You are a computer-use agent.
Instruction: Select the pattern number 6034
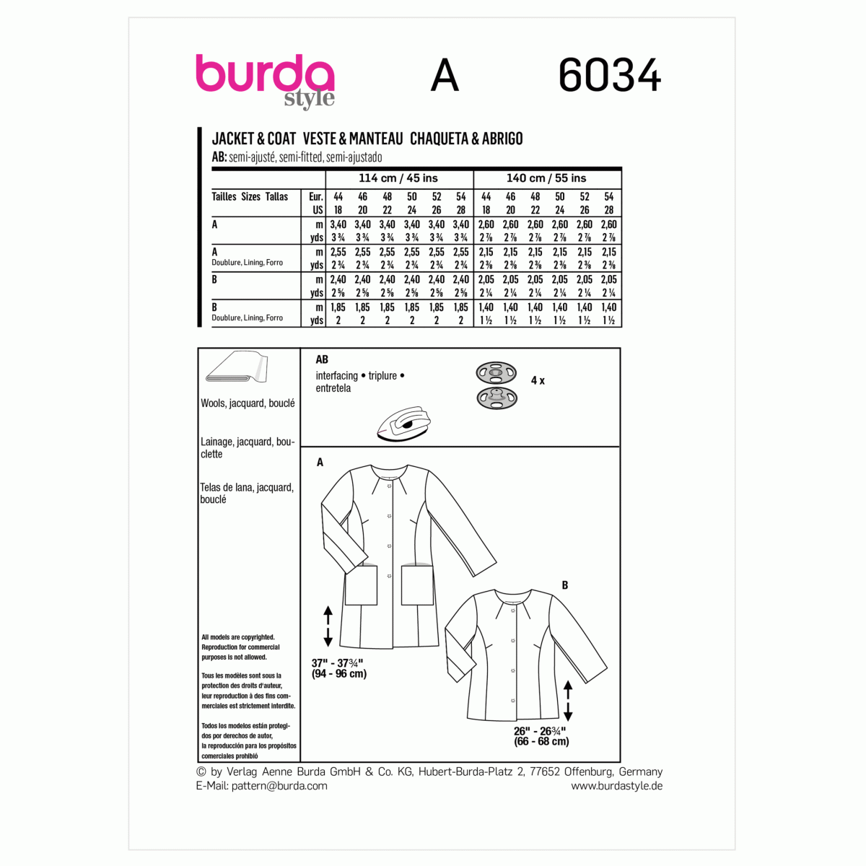coord(610,76)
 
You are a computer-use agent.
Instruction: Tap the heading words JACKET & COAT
coord(254,139)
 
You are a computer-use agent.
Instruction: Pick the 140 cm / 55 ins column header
coord(546,178)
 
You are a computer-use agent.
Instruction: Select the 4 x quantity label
coord(538,380)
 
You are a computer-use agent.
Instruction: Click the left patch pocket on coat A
coord(361,584)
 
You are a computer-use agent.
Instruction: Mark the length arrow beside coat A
coord(328,626)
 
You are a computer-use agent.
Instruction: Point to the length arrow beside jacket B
coord(568,700)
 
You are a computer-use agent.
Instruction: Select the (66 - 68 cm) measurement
coord(541,741)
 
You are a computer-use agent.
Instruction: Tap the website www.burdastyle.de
coord(616,786)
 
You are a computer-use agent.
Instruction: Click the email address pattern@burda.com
coord(279,786)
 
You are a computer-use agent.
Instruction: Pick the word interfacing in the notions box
coord(337,375)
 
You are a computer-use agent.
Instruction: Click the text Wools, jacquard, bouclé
coord(248,403)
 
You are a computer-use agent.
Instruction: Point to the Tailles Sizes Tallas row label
coord(250,196)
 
